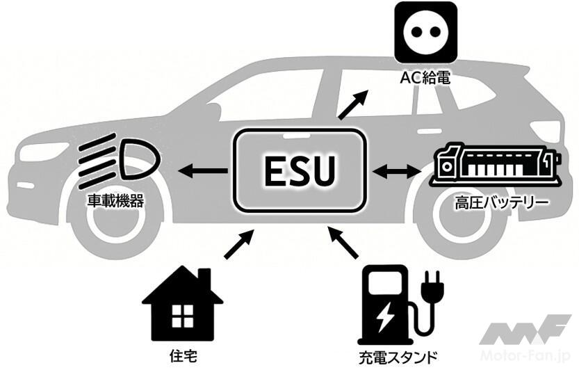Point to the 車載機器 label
click(x=115, y=202)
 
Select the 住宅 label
click(x=183, y=355)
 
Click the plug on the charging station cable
click(x=431, y=287)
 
